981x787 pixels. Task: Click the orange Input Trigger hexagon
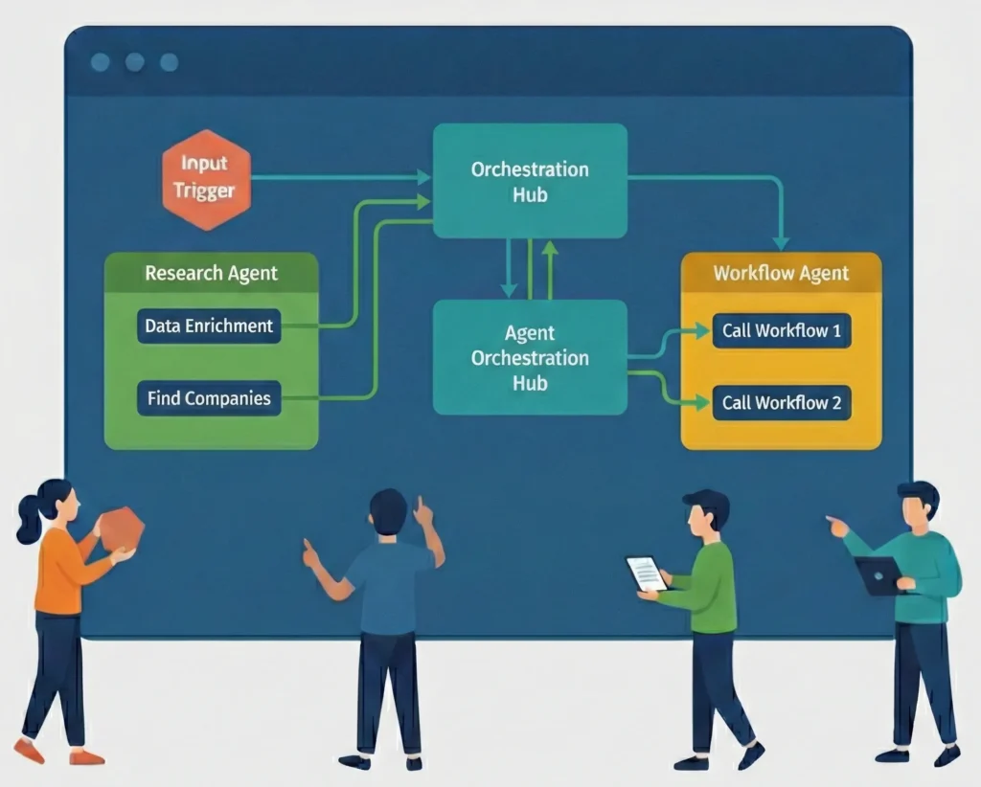205,179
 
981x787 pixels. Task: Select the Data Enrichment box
209,326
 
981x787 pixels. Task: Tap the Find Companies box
209,397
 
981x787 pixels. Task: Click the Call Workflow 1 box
782,331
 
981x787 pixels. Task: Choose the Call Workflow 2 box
782,402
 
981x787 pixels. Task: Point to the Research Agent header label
211,273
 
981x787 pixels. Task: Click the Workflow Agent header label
781,273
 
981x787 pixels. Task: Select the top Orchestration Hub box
530,181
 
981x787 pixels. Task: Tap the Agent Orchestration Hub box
530,357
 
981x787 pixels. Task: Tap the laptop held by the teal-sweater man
878,575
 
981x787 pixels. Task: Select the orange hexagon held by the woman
122,528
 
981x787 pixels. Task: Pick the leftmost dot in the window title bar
100,62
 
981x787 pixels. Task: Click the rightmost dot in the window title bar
169,62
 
